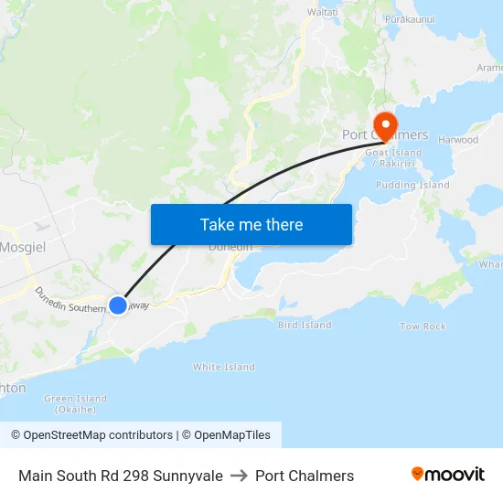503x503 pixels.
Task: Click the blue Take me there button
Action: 251,224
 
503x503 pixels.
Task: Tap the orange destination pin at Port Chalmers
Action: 385,125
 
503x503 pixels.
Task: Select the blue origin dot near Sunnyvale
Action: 118,305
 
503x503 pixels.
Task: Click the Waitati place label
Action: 322,12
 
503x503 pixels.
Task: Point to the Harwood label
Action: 458,140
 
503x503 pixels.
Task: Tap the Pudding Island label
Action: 412,185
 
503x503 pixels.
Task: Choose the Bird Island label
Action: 305,325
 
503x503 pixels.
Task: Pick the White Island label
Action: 223,367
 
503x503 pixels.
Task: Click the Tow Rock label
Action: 423,326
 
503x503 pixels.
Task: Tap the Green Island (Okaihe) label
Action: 75,403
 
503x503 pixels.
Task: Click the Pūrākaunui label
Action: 409,18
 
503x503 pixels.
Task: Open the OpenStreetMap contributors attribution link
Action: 91,435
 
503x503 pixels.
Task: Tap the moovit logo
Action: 448,475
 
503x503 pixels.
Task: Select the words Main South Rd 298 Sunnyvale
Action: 121,476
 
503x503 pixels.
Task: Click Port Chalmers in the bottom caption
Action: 305,476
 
